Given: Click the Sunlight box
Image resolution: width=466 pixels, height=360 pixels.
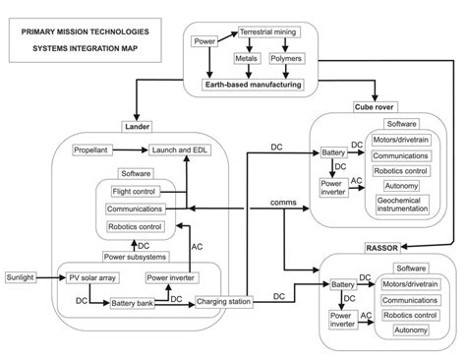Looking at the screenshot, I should click(23, 277).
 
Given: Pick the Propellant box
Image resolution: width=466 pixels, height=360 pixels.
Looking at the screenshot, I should click(95, 150).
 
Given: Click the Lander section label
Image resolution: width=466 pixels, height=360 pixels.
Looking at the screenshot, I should click(136, 125).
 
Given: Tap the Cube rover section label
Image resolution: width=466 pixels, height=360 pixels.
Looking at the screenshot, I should click(374, 105).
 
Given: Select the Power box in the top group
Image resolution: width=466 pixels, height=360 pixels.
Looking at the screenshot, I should click(205, 42).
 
